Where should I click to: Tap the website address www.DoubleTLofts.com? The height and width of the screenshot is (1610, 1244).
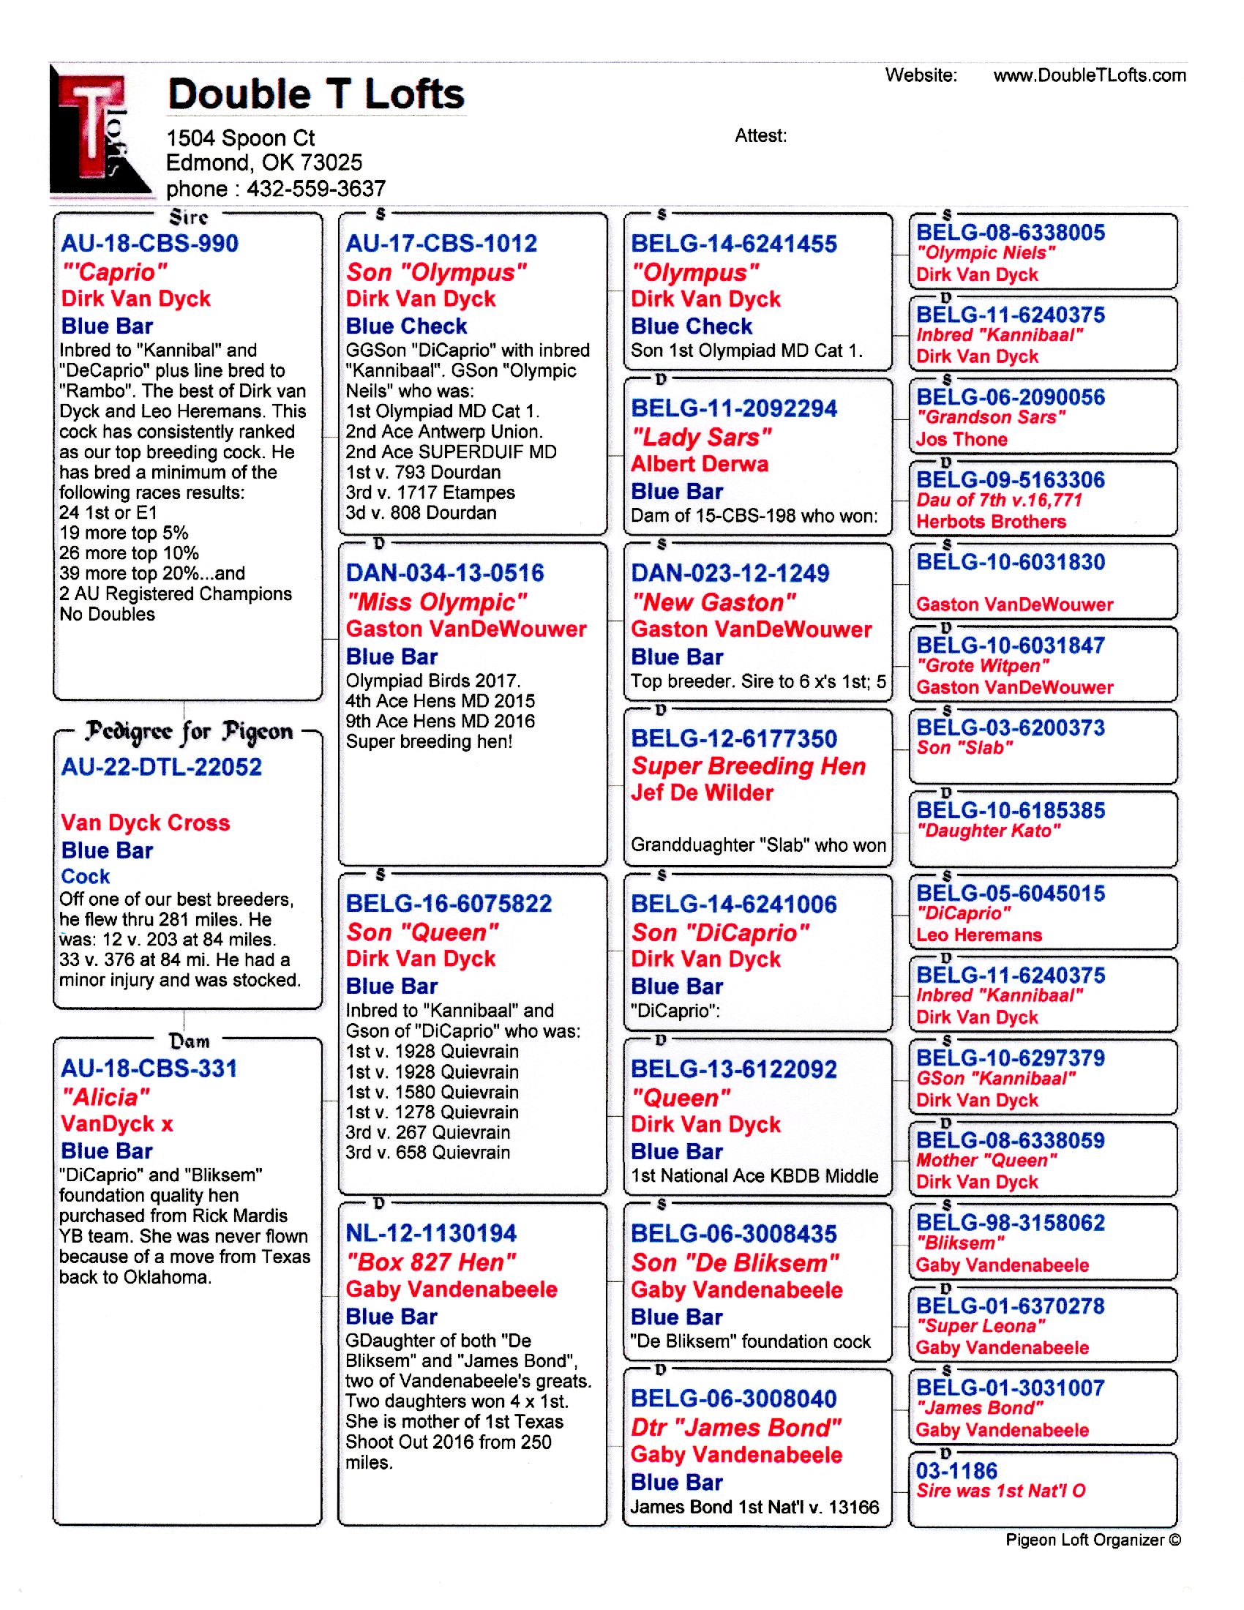tap(1090, 75)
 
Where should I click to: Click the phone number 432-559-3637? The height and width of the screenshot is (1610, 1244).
tap(316, 189)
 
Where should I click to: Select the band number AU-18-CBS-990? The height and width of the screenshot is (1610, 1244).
tap(149, 243)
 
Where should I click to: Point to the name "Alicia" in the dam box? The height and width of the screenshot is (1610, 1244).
tap(105, 1097)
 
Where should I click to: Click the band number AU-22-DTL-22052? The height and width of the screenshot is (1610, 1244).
tap(162, 767)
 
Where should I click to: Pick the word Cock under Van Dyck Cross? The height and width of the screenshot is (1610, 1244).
tap(86, 876)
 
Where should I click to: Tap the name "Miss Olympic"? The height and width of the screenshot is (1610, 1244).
tap(437, 602)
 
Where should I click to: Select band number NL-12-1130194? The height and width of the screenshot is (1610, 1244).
tap(431, 1232)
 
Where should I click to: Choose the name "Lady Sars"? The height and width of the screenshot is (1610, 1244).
tap(702, 436)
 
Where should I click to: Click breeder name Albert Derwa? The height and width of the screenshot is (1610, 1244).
tap(700, 464)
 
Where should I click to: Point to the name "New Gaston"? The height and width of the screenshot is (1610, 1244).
tap(713, 602)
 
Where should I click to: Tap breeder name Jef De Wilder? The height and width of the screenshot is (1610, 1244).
tap(702, 793)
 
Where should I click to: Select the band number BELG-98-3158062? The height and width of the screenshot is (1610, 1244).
tap(1011, 1222)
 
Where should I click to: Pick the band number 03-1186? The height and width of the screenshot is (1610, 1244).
tap(956, 1471)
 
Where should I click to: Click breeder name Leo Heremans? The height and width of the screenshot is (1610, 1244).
tap(978, 935)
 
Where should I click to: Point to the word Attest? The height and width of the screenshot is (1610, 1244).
tap(760, 135)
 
